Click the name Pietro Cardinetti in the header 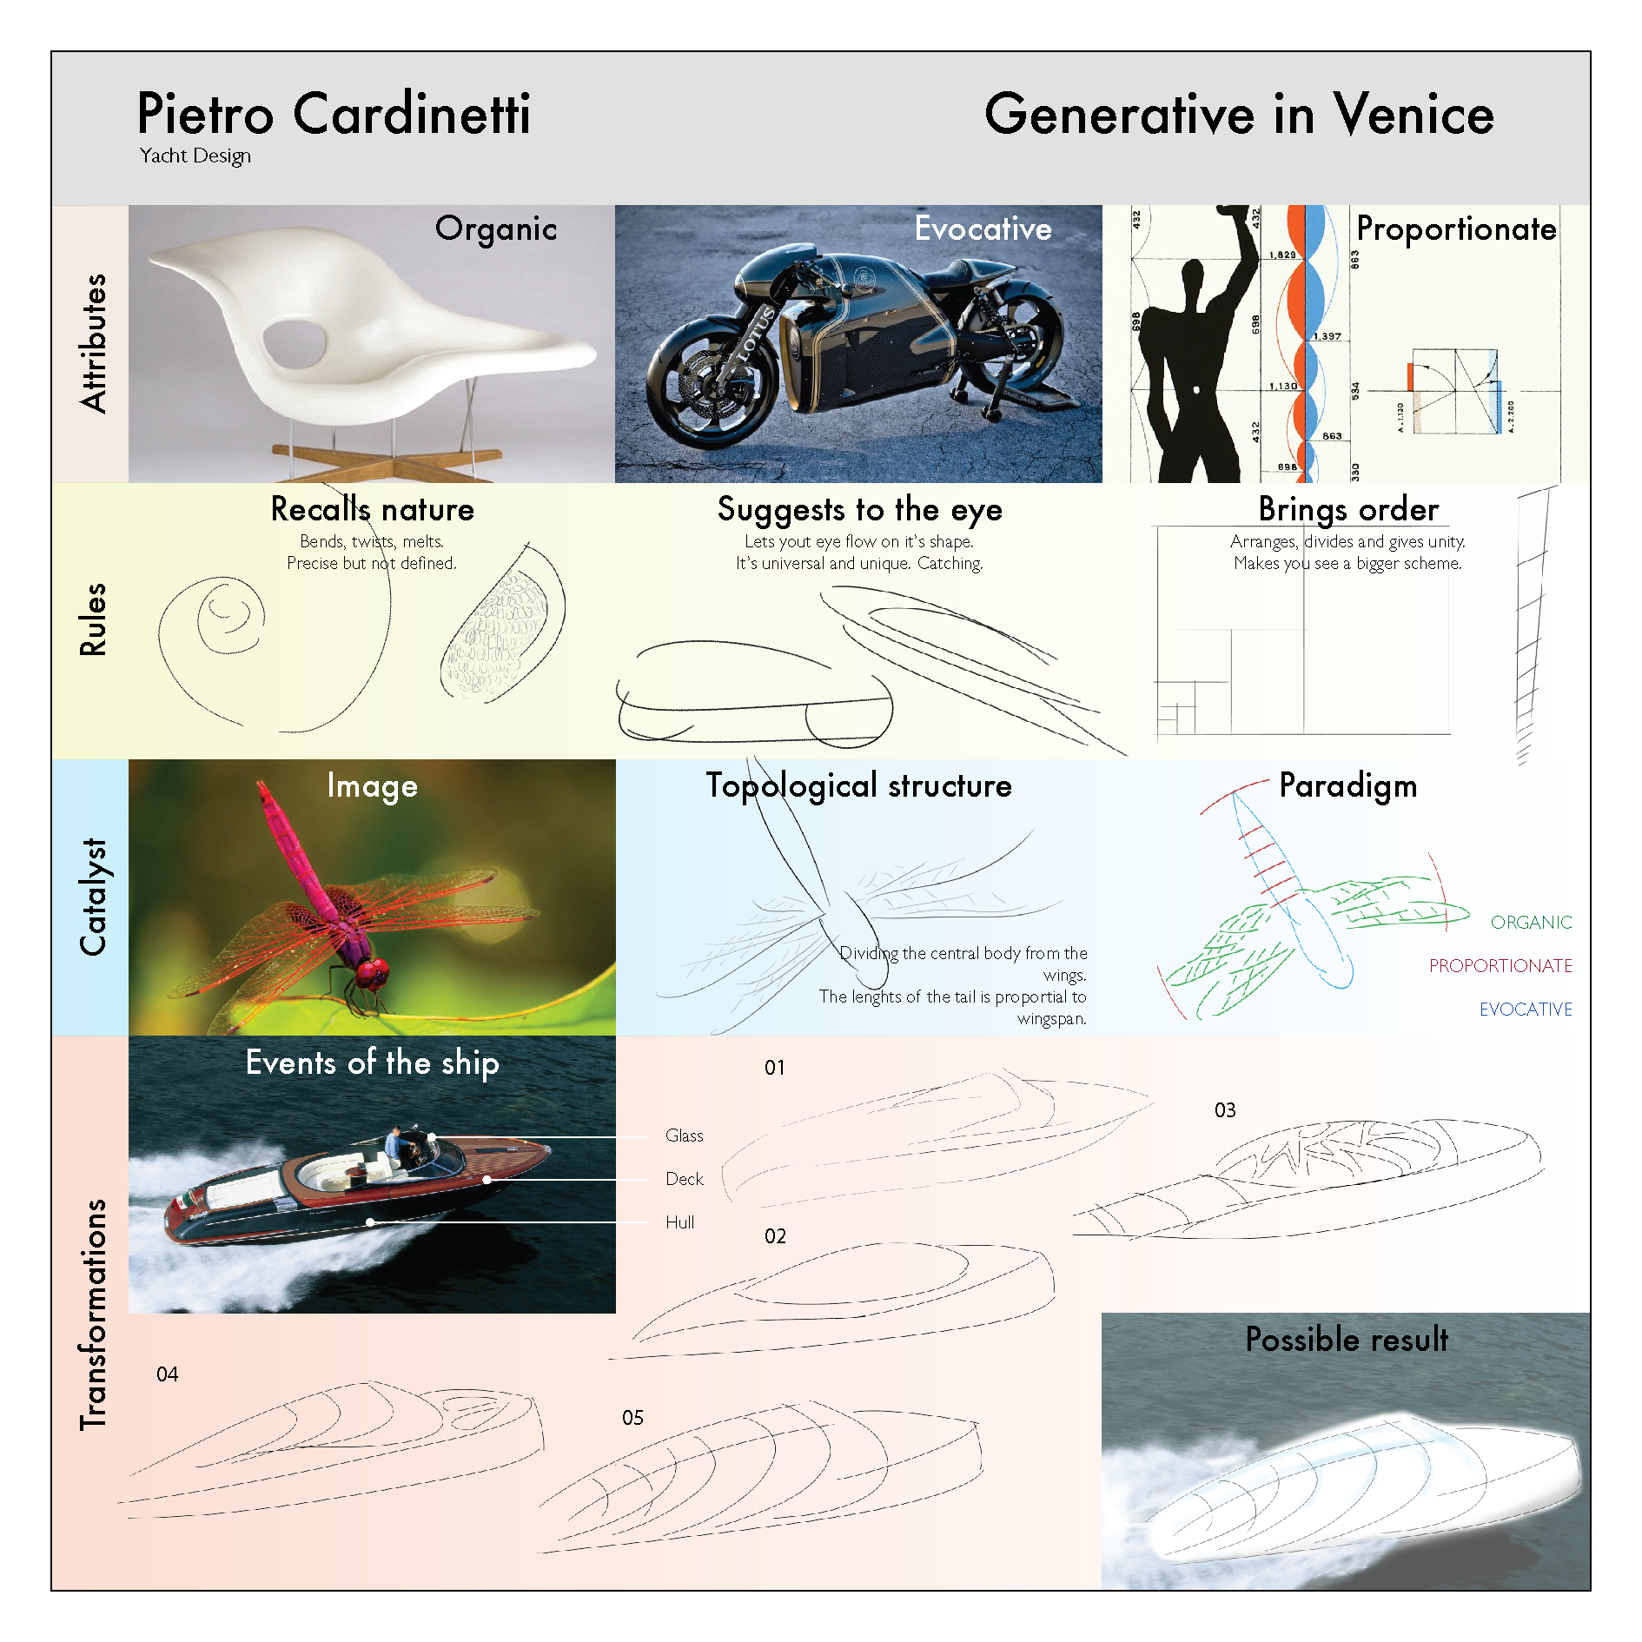[334, 114]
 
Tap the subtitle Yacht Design [195, 156]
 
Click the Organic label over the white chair [496, 228]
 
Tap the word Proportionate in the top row [1456, 228]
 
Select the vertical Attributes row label [92, 343]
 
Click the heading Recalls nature [372, 509]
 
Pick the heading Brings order [1348, 509]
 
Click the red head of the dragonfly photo [373, 972]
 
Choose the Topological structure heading [858, 785]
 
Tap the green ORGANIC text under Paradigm [1531, 923]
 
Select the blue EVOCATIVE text [1526, 1010]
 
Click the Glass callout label [684, 1135]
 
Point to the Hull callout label [679, 1222]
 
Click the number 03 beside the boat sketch [1225, 1110]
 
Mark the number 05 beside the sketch [632, 1418]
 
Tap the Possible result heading [1347, 1340]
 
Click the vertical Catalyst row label [92, 897]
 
